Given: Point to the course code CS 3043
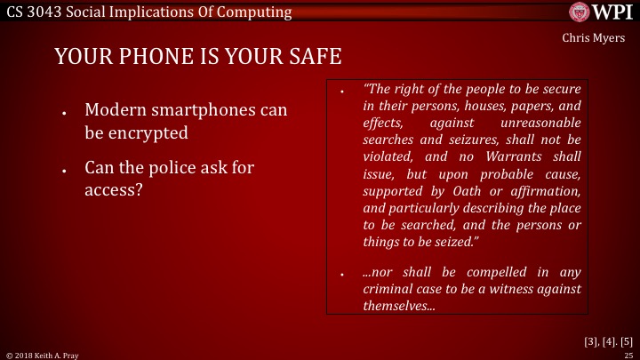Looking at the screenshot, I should (x=36, y=12).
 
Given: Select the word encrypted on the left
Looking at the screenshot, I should (x=150, y=134).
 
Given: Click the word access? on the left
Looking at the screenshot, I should (x=114, y=188).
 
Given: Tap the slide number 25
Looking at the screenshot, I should (x=628, y=355).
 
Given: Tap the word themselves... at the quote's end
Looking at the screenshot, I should (x=399, y=305).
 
